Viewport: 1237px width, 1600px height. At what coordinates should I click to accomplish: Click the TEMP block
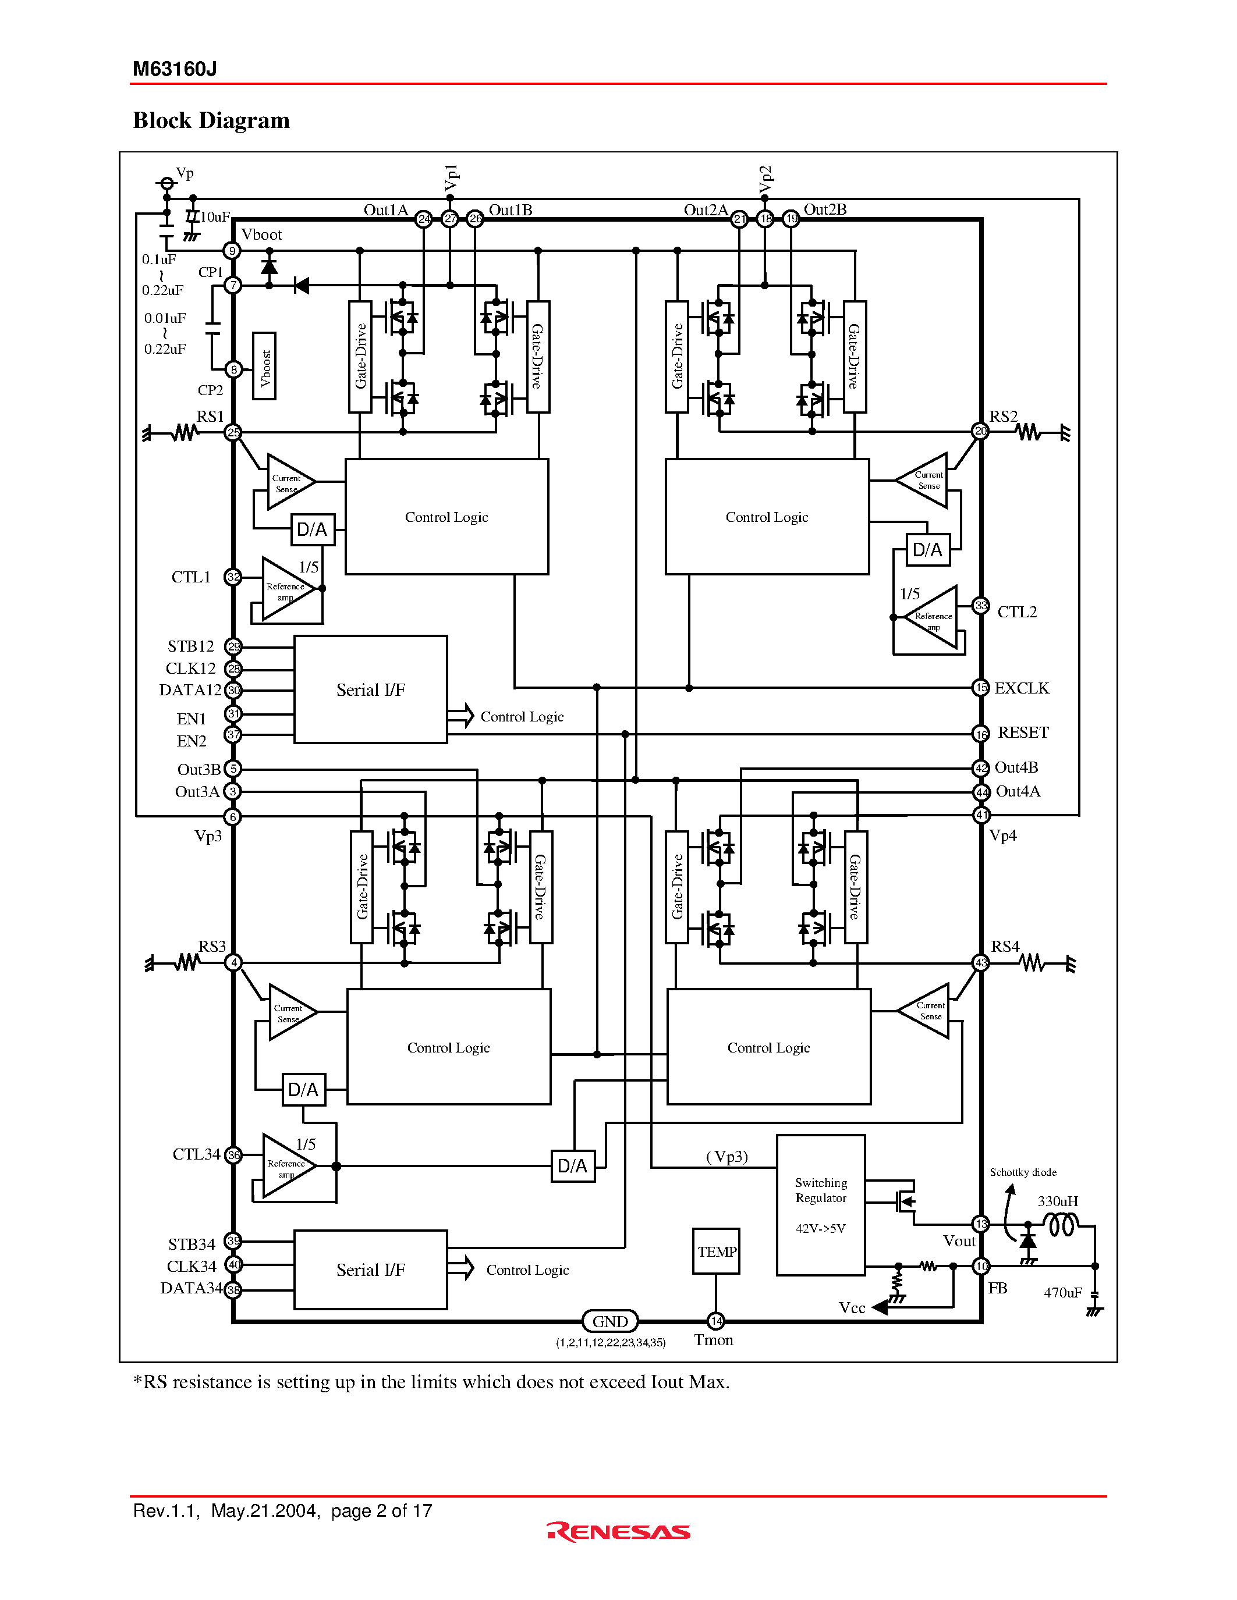pyautogui.click(x=716, y=1251)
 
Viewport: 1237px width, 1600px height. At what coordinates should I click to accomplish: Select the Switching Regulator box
pyautogui.click(x=821, y=1205)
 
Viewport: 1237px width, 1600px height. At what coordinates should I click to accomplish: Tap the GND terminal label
pyautogui.click(x=609, y=1322)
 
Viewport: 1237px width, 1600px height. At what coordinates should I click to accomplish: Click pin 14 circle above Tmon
pyautogui.click(x=716, y=1321)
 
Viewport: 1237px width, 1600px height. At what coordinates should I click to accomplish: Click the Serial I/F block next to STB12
pyautogui.click(x=371, y=689)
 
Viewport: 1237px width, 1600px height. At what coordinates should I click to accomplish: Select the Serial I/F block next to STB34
pyautogui.click(x=371, y=1270)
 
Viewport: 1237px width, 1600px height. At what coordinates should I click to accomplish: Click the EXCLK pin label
pyautogui.click(x=1022, y=688)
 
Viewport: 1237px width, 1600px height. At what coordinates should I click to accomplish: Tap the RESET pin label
pyautogui.click(x=1023, y=733)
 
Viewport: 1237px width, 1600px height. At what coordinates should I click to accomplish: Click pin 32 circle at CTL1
pyautogui.click(x=233, y=577)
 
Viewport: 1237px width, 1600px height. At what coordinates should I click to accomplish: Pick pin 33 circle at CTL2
pyautogui.click(x=980, y=606)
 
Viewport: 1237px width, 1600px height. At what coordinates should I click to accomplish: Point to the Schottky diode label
pyautogui.click(x=1023, y=1172)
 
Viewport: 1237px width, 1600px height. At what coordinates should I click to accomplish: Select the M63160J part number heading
pyautogui.click(x=175, y=69)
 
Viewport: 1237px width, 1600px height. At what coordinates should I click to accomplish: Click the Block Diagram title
pyautogui.click(x=211, y=120)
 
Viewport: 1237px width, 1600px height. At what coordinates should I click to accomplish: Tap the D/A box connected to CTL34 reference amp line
pyautogui.click(x=573, y=1165)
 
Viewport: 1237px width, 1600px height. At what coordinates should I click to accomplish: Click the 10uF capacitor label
pyautogui.click(x=215, y=217)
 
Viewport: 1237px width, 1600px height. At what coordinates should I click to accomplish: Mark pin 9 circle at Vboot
pyautogui.click(x=232, y=251)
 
